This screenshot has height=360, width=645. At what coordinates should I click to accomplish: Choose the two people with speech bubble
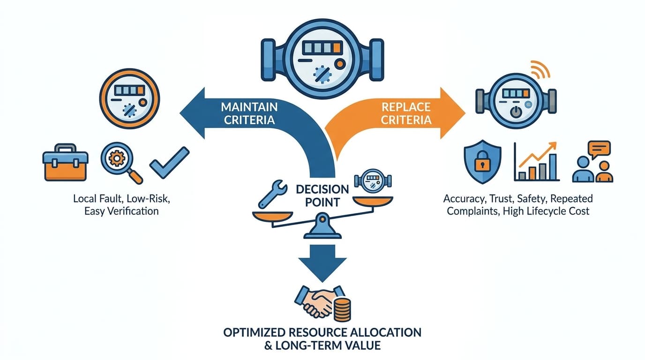pyautogui.click(x=592, y=162)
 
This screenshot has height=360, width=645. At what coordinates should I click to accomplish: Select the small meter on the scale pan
pyautogui.click(x=373, y=182)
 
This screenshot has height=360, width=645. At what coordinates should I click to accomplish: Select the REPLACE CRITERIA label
pyautogui.click(x=406, y=112)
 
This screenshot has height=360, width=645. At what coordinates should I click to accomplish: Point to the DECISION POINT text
pyautogui.click(x=322, y=196)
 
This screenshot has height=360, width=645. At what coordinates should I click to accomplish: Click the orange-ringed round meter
pyautogui.click(x=130, y=98)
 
